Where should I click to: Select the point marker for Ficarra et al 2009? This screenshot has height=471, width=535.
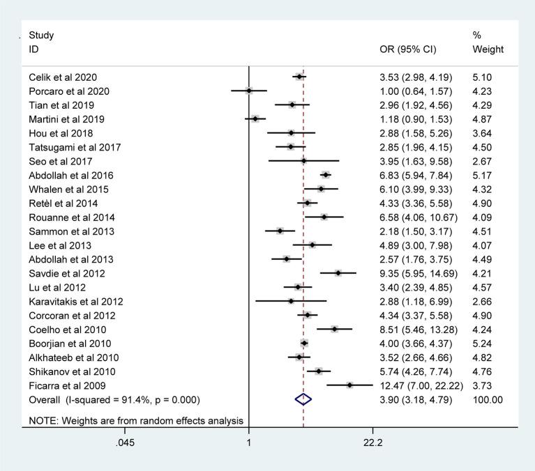coord(349,385)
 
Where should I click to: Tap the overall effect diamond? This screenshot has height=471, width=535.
coord(303,399)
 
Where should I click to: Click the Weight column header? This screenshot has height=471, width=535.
coord(488,50)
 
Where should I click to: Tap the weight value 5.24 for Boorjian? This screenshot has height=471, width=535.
coord(483,343)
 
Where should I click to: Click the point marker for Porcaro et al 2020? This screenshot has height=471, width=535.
coord(249,91)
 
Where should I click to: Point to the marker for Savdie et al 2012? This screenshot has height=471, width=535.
coord(338,273)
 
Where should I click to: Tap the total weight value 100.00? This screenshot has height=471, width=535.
coord(487,399)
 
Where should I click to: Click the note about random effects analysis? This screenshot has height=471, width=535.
coord(135,420)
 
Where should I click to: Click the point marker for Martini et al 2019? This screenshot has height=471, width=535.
coord(255,118)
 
